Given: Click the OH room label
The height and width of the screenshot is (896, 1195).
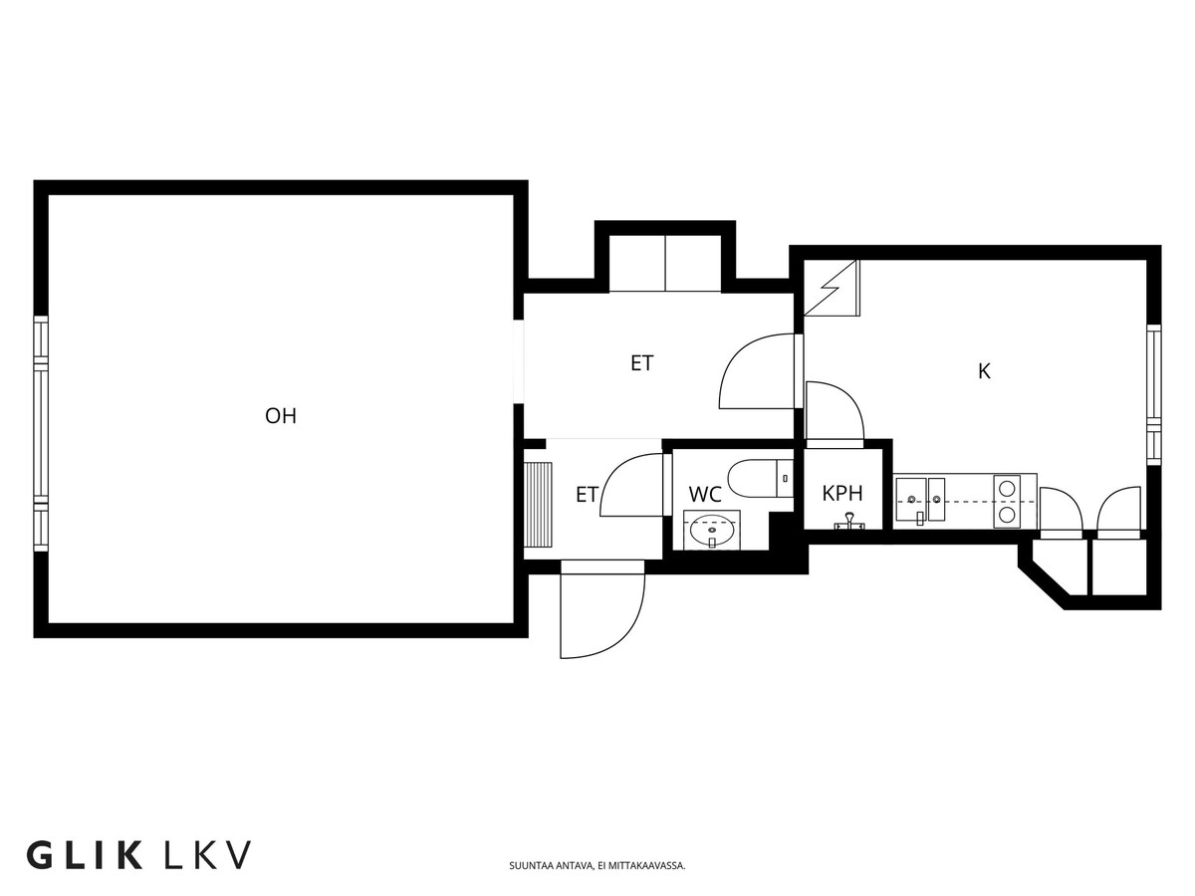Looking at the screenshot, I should point(281,416).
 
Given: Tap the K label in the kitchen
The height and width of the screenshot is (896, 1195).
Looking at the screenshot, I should point(984,371).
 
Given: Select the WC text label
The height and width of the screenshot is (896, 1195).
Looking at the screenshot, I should point(705,494).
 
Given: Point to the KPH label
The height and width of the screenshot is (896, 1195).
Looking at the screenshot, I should point(841,493).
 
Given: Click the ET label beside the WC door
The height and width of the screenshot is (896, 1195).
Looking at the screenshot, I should point(587,494).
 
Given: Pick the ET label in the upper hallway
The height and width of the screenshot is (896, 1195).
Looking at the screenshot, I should point(642,363).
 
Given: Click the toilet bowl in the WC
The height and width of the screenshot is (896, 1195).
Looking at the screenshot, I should point(757,479).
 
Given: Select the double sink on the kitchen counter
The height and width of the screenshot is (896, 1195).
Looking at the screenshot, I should point(919,501).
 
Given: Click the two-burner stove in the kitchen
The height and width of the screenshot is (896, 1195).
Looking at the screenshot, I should point(1008,501).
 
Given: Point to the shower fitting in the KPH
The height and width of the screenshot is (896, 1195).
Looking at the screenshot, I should point(848,519).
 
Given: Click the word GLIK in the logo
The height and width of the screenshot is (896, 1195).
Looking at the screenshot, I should point(85,855).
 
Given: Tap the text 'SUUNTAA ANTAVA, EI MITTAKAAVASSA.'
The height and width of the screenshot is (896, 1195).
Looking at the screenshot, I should point(597,865).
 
